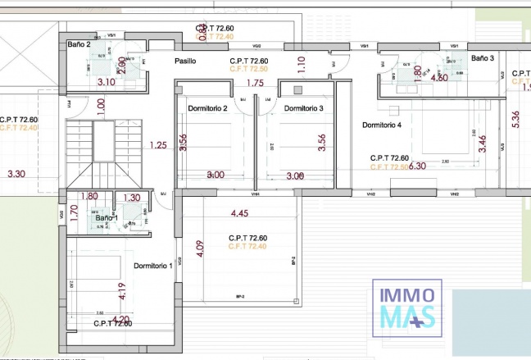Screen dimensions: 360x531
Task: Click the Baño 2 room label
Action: tap(79, 45)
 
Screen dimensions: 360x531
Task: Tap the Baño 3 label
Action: tap(483, 58)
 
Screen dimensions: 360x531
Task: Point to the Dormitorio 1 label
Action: tap(152, 265)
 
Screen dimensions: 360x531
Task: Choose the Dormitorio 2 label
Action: tap(207, 108)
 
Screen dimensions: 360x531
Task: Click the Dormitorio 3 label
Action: tap(303, 108)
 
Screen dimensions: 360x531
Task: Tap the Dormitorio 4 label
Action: tap(382, 125)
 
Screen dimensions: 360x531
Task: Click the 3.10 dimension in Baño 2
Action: tap(106, 82)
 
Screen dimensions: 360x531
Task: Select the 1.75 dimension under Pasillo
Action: tap(255, 83)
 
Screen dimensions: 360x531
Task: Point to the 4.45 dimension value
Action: tap(239, 213)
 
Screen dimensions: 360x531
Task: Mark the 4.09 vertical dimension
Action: tap(199, 248)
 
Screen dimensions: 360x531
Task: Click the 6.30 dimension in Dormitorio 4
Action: tap(417, 166)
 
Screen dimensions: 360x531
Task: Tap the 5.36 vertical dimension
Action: tap(515, 120)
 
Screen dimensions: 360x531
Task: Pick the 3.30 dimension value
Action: tap(16, 174)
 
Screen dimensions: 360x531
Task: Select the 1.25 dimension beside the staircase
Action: tap(158, 145)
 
